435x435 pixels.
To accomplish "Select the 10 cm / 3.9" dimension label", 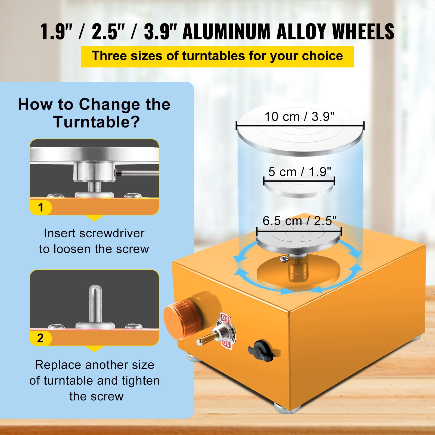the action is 299,117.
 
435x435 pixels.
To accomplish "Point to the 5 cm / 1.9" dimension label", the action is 300,172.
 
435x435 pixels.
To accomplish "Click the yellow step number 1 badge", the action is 41,207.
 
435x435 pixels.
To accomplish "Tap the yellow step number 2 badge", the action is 41,338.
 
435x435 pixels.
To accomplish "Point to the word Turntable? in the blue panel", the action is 97,122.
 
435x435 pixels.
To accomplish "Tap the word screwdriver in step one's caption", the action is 112,233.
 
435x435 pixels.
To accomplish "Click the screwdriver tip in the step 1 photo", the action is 117,173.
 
